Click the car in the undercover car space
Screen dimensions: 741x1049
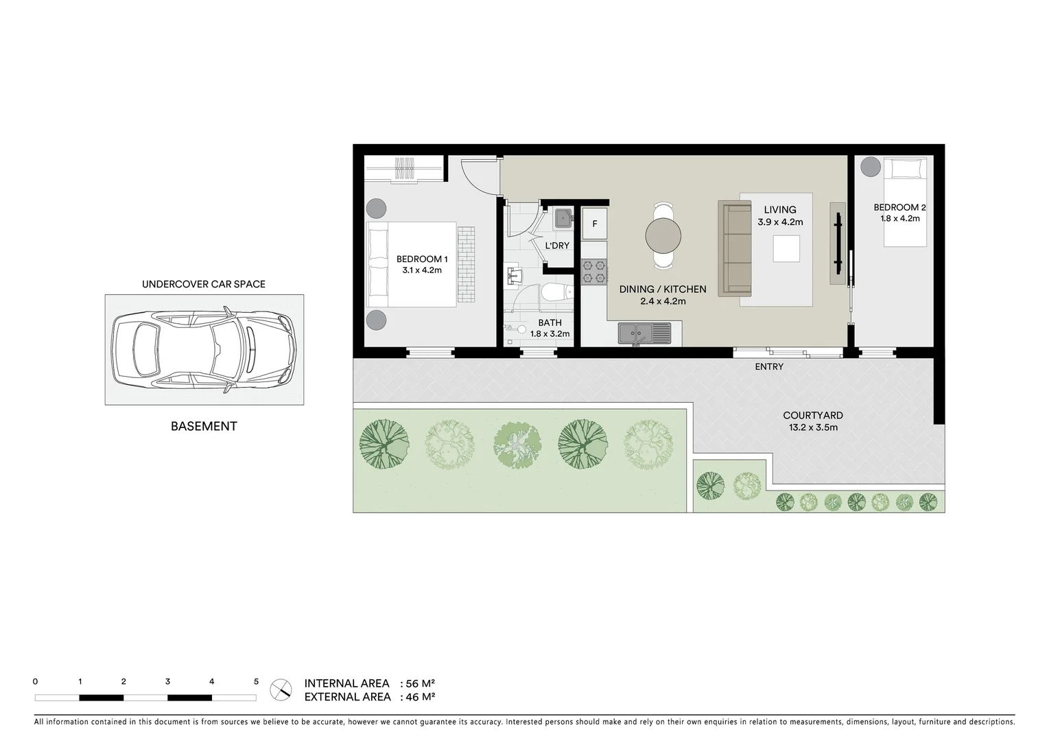204,350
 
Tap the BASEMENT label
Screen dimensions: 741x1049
204,426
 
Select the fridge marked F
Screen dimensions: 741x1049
594,224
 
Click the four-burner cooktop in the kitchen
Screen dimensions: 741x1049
594,271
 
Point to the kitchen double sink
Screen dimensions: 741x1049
644,333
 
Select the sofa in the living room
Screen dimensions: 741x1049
734,248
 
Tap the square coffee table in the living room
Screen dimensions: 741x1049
786,248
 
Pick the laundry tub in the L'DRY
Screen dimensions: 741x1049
563,217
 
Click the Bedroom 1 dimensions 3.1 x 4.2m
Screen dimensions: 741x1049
422,270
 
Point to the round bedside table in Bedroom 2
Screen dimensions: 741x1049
871,166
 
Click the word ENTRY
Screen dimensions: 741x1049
768,367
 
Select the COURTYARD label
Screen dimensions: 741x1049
812,415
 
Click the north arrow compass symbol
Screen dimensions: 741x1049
281,690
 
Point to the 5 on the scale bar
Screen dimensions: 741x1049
256,682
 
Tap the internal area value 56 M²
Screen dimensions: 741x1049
421,683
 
